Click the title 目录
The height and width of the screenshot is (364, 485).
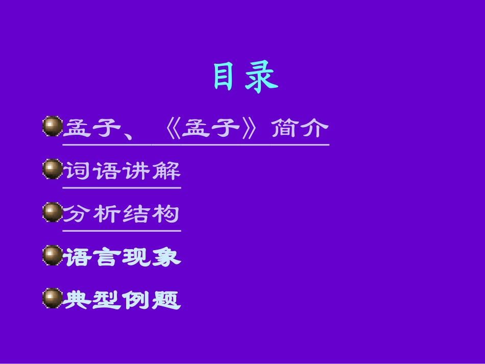pyautogui.click(x=245, y=78)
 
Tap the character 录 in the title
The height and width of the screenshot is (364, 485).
pyautogui.click(x=262, y=78)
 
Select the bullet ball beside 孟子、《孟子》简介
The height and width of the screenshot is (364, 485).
pyautogui.click(x=52, y=127)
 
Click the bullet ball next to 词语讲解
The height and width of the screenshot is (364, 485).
pyautogui.click(x=52, y=169)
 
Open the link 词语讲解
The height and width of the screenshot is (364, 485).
pyautogui.click(x=122, y=171)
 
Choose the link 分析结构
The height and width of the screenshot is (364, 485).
pyautogui.click(x=122, y=214)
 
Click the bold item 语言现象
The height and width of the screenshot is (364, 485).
pyautogui.click(x=122, y=257)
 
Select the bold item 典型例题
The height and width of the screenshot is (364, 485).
pyautogui.click(x=122, y=300)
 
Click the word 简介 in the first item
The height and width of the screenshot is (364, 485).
pyautogui.click(x=300, y=128)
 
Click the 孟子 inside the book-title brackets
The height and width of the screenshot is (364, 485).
pyautogui.click(x=211, y=128)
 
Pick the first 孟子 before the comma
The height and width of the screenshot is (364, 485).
pyautogui.click(x=92, y=128)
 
